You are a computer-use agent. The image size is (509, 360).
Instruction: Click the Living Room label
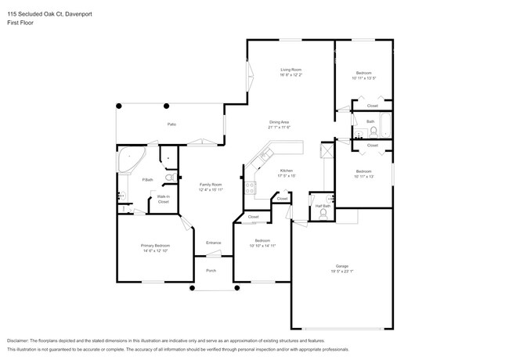pyautogui.click(x=291, y=70)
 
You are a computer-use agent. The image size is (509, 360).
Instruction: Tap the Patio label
pyautogui.click(x=171, y=125)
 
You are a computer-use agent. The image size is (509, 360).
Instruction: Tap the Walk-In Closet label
pyautogui.click(x=163, y=199)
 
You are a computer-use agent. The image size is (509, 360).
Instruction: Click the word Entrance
pyautogui.click(x=213, y=243)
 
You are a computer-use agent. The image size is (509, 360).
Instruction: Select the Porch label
pyautogui.click(x=211, y=271)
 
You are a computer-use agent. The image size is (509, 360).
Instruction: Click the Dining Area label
pyautogui.click(x=280, y=122)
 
